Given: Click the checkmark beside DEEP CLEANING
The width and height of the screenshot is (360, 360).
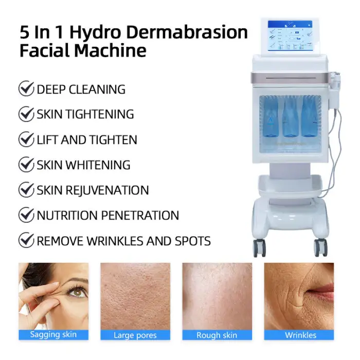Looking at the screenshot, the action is tap(26, 88).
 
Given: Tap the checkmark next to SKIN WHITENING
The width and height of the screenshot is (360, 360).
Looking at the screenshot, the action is tap(26, 164).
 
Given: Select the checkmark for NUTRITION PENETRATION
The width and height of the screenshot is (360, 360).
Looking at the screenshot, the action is tap(26, 214).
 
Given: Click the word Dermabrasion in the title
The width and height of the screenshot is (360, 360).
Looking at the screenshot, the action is tap(187, 32).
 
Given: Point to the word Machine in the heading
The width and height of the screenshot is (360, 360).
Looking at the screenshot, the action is tap(110, 50).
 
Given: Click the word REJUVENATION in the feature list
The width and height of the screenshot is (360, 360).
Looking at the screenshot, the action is tap(107, 190).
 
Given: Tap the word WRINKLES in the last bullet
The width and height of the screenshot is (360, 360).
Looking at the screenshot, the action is tap(115, 241).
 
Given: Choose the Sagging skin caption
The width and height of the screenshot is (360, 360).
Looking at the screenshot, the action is tap(53, 334).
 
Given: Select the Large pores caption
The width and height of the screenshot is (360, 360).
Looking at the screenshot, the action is tap(135, 335).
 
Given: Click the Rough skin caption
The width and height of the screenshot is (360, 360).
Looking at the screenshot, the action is tap(217, 335).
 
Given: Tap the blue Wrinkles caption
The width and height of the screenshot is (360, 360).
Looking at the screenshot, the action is tap(299, 335).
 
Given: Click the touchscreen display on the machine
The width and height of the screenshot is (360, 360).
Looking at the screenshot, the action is tap(290, 35).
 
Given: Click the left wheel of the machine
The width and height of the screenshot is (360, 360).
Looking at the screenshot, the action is tap(259, 248).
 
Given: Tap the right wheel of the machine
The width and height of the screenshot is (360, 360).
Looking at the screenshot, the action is tap(320, 247).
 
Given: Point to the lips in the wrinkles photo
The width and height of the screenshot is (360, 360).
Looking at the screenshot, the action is tap(322, 291).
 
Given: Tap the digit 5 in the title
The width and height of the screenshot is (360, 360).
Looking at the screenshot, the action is tap(25, 32).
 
